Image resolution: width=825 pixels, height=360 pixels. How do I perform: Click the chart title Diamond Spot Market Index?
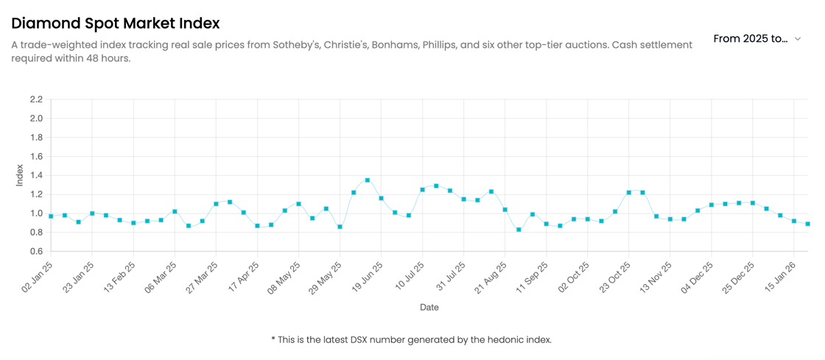click(115, 24)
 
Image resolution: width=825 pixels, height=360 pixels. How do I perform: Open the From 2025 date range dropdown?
click(757, 38)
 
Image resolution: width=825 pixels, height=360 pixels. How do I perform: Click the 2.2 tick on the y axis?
click(36, 99)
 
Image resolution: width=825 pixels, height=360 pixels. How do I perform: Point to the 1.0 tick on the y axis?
click(36, 213)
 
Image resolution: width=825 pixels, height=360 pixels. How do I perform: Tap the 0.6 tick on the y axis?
click(36, 252)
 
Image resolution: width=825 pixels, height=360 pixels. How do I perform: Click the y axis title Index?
click(20, 175)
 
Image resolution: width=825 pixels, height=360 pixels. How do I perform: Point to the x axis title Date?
click(429, 307)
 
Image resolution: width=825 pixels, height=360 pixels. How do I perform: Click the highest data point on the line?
click(368, 180)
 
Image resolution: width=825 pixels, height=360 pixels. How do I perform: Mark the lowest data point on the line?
click(519, 230)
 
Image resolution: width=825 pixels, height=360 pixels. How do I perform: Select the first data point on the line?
click(51, 216)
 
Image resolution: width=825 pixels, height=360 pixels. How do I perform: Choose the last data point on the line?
click(808, 224)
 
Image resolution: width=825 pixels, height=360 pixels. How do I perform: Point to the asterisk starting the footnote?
click(273, 339)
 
